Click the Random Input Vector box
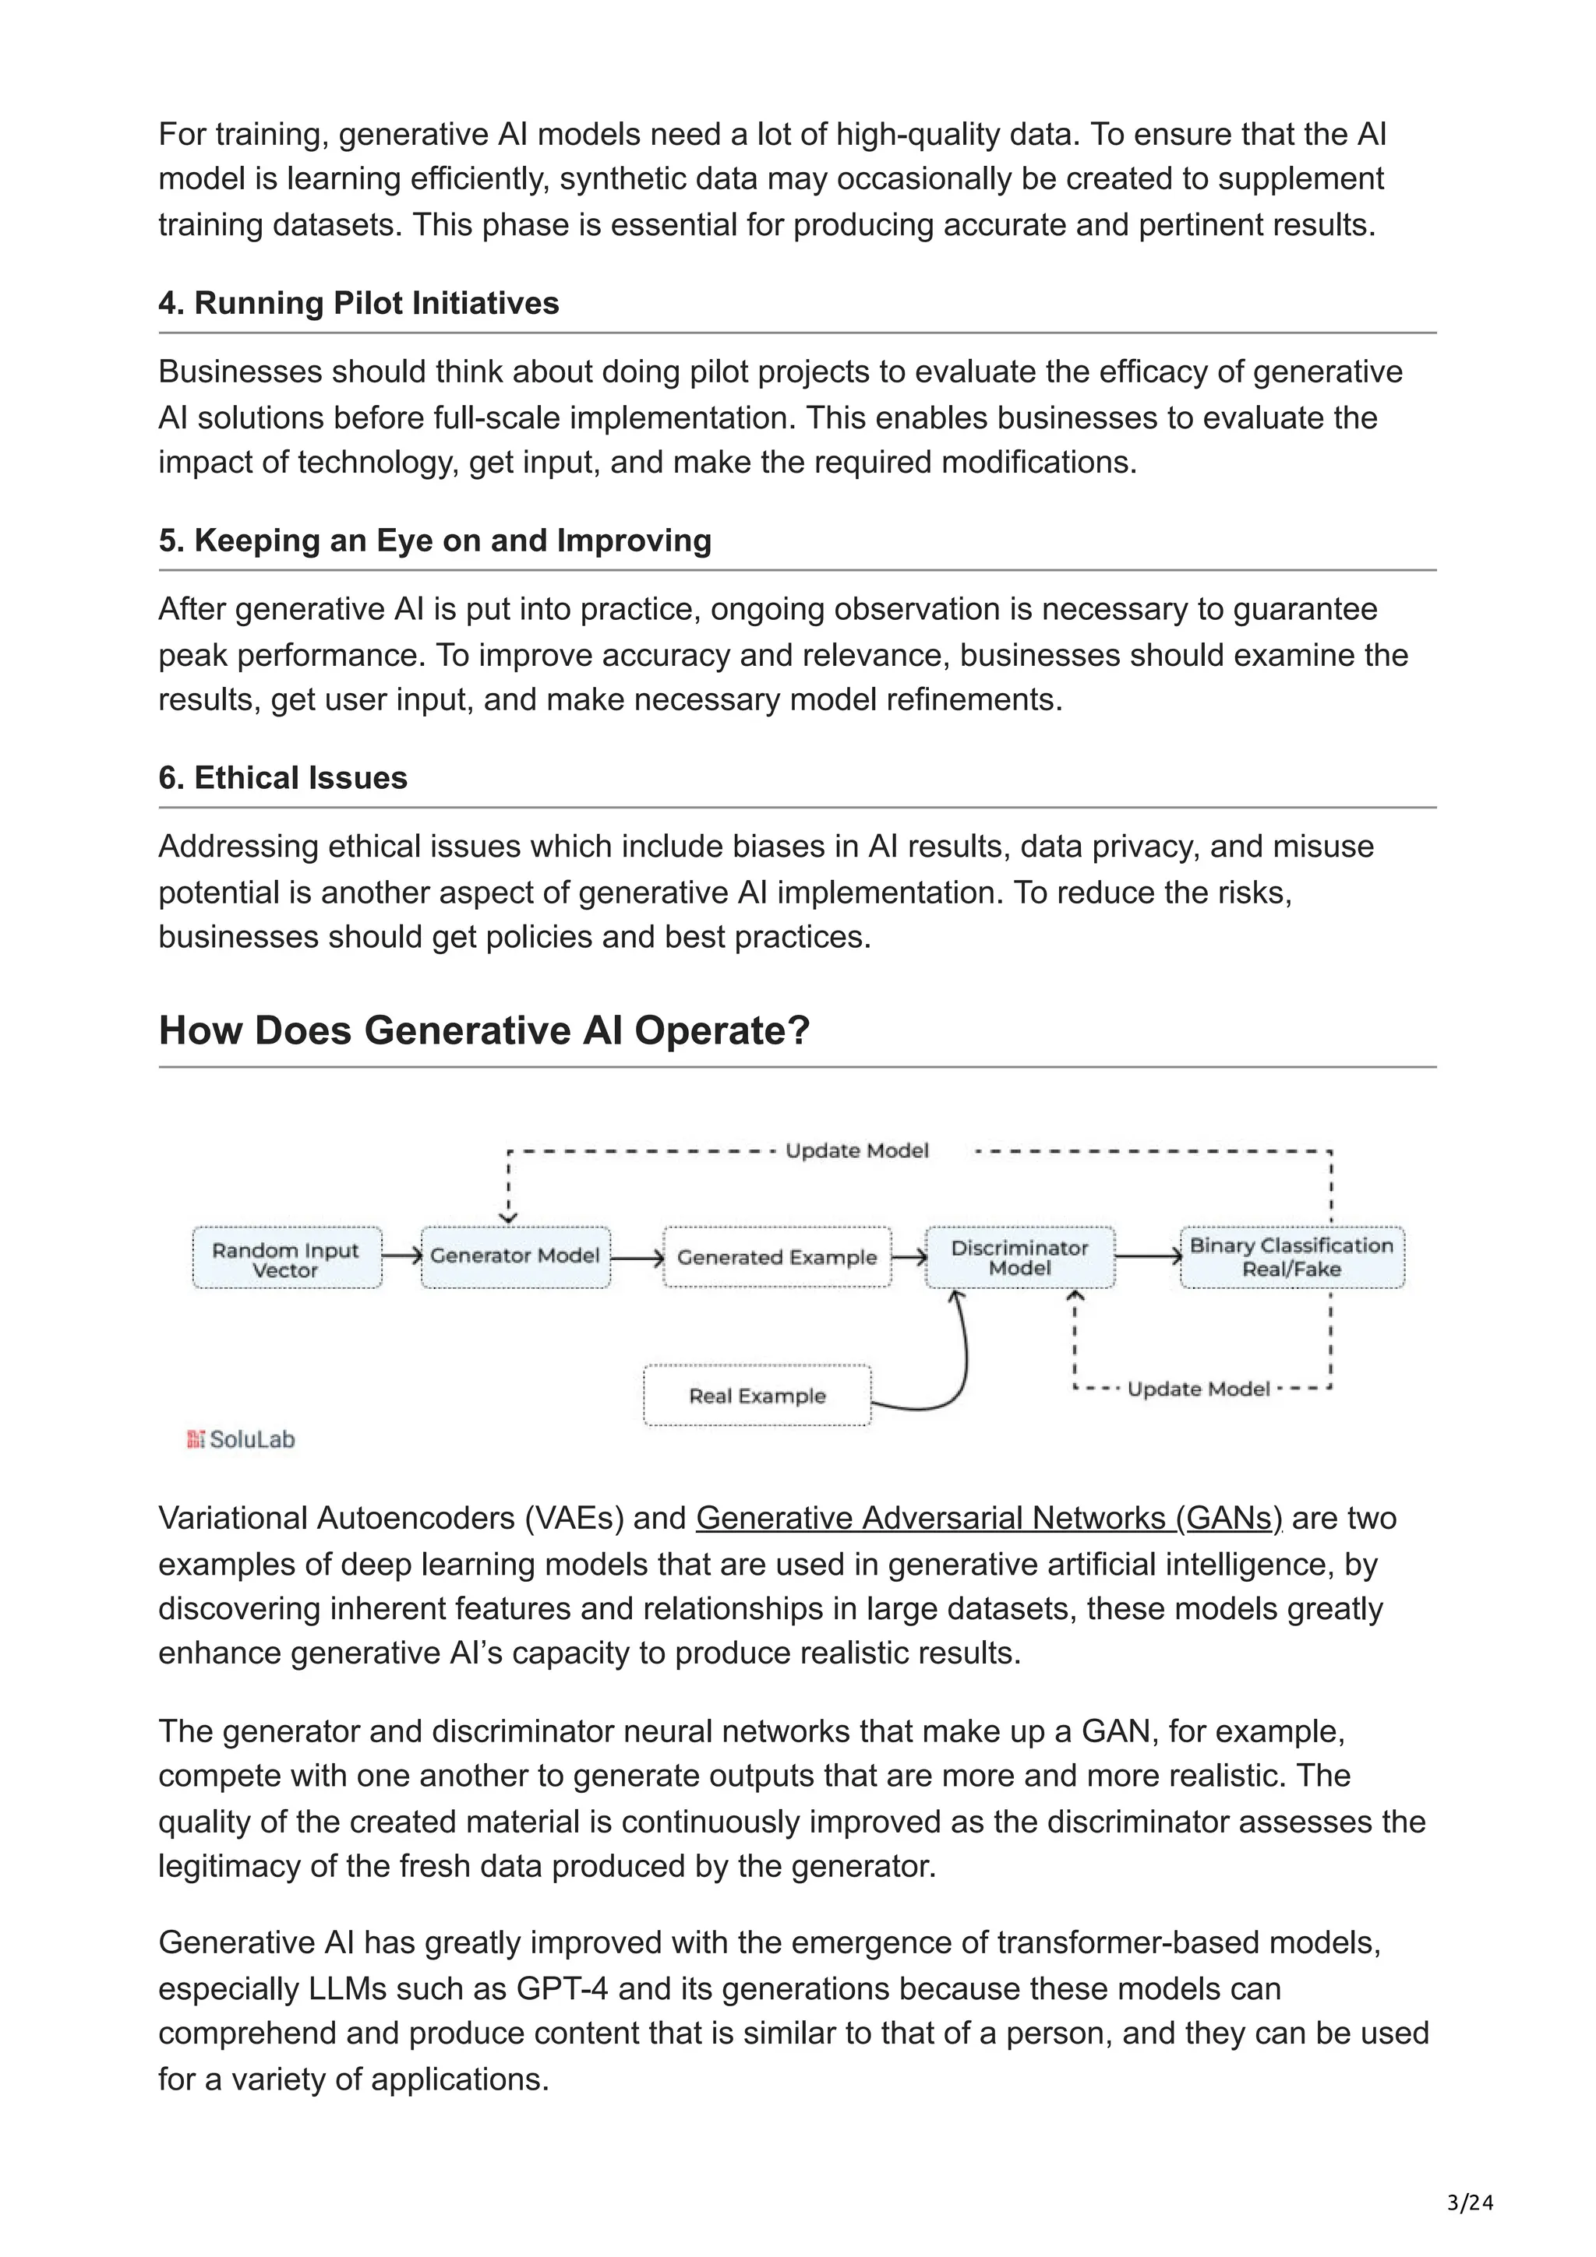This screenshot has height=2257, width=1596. point(286,1259)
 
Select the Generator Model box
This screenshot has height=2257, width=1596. point(515,1256)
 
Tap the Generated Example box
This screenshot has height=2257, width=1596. point(777,1257)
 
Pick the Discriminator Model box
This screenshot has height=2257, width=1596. point(1020,1257)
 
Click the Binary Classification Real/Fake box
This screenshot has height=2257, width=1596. point(1291,1257)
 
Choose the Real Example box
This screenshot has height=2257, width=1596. point(757,1395)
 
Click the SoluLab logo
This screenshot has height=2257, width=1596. point(241,1439)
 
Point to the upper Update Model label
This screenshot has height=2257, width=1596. point(856,1151)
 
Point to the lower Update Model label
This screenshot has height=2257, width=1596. point(1198,1389)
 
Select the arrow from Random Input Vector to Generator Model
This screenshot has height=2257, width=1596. point(401,1256)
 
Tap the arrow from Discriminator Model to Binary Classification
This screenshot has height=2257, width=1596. point(1148,1256)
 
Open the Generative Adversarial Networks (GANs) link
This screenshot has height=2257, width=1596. point(988,1519)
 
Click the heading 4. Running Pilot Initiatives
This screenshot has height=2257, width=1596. point(359,304)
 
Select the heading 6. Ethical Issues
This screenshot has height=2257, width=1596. point(283,779)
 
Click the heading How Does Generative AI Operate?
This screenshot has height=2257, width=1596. point(484,1031)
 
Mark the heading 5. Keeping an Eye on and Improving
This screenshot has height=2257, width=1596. point(435,540)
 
